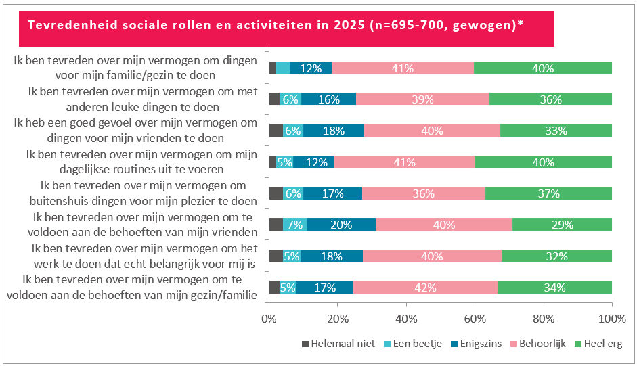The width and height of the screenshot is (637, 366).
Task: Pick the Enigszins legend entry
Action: [477, 344]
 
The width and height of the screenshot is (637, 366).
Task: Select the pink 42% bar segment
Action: [425, 287]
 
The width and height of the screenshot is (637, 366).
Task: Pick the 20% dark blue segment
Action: [341, 225]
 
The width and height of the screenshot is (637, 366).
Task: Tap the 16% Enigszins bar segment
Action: [328, 99]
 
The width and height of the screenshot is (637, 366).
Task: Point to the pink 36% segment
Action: [423, 193]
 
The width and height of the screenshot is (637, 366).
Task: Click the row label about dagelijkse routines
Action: [141, 162]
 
